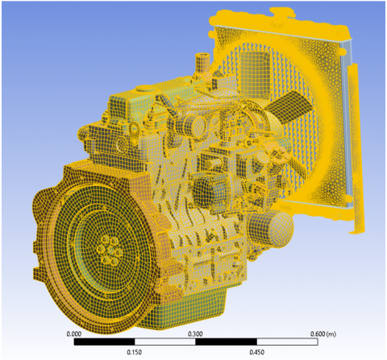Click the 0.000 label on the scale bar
[x=73, y=334]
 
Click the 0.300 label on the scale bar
[x=195, y=334]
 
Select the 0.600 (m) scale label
[x=323, y=334]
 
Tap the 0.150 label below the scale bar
[x=135, y=352]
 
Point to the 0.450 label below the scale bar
[x=256, y=352]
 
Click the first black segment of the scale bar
[x=104, y=341]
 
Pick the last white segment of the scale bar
[x=287, y=341]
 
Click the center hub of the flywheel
[x=108, y=250]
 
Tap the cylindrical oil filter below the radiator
[x=269, y=228]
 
